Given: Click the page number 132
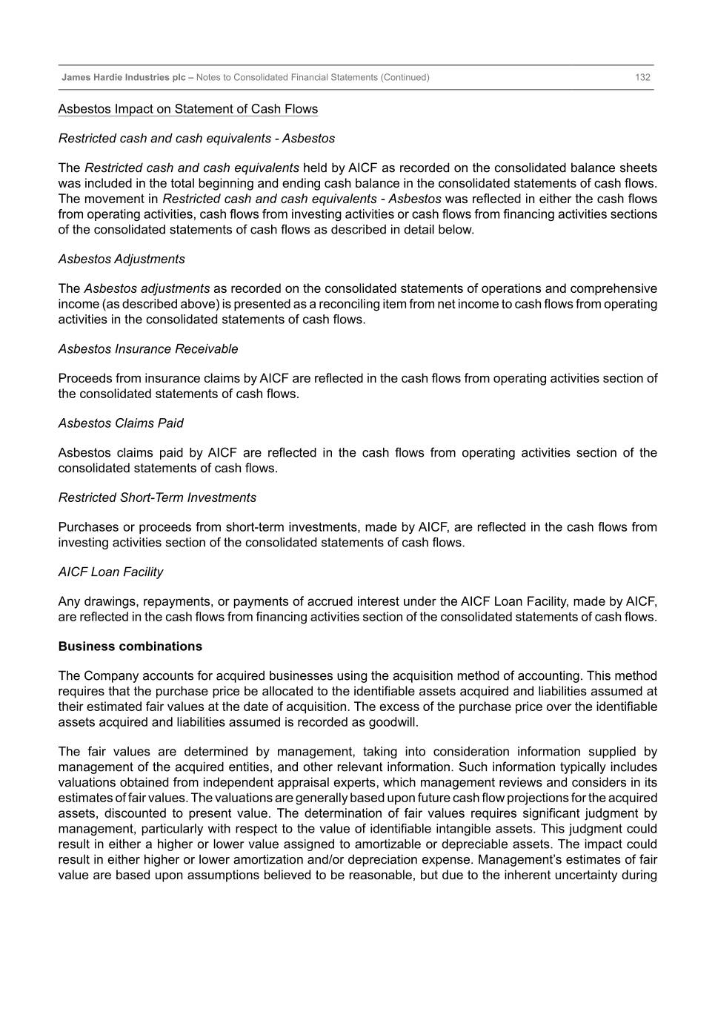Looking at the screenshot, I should [642, 77].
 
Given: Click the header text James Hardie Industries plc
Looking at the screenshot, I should [123, 77].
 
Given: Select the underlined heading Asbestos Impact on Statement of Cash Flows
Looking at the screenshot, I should [188, 109].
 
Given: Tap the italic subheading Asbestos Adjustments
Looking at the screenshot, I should [122, 259].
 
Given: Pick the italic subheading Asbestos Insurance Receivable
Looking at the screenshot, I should [148, 348].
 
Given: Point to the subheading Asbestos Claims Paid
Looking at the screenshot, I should [121, 423].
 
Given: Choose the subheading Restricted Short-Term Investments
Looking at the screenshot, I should [157, 497].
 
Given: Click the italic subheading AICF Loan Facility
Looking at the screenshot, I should [110, 572].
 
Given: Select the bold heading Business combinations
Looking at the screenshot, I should [130, 646].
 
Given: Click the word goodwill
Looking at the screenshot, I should [393, 722].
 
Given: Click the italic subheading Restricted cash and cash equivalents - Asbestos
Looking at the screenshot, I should [196, 139].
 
